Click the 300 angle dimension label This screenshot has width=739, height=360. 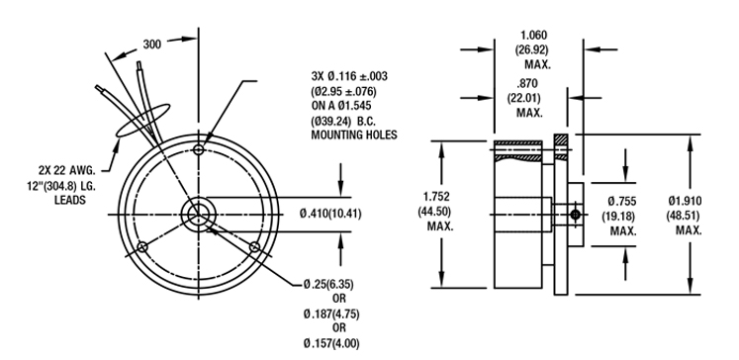pyautogui.click(x=151, y=45)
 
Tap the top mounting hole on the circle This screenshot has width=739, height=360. pyautogui.click(x=199, y=150)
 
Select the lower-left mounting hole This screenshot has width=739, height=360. pyautogui.click(x=142, y=247)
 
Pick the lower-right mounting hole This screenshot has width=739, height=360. pyautogui.click(x=255, y=247)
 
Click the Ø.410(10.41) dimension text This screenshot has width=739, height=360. pyautogui.click(x=330, y=214)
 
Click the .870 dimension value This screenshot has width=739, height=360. pyautogui.click(x=527, y=84)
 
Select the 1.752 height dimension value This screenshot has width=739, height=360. pyautogui.click(x=436, y=196)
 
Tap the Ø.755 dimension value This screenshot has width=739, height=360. pyautogui.click(x=621, y=202)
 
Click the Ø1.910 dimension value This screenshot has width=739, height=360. pyautogui.click(x=685, y=201)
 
